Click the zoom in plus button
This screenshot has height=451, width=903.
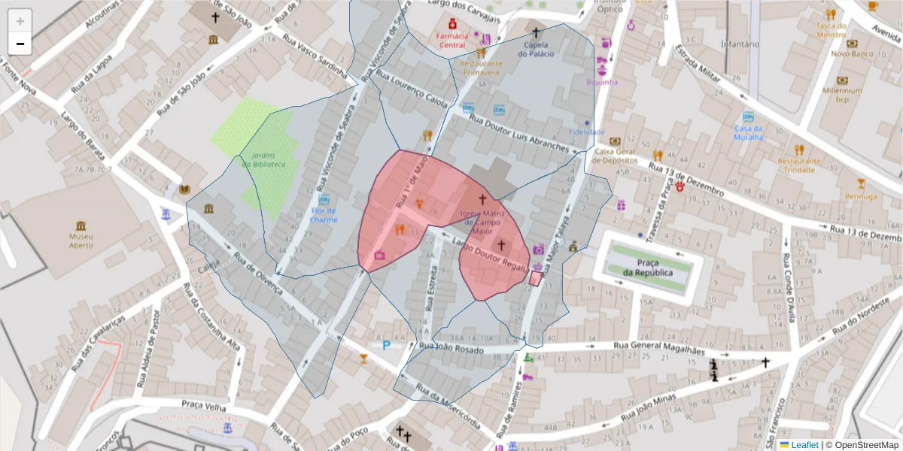coord(20,21)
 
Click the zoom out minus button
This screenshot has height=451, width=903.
coord(20,44)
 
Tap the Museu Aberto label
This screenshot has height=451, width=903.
coord(81,241)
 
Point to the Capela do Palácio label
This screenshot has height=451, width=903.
coord(536,49)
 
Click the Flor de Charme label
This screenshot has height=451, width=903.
coord(324,216)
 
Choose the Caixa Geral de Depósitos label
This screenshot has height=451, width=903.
coord(616,155)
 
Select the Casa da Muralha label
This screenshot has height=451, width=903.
coord(748,132)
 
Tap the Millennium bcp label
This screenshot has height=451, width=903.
coord(842,95)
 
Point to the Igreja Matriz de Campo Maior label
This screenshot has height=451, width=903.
coord(482,222)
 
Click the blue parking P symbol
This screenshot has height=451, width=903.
coord(387,345)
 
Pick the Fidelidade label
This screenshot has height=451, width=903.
coord(587,132)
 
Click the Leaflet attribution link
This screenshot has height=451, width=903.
coord(804,445)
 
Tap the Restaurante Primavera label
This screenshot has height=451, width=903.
coord(481,68)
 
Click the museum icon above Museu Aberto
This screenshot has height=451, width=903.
coord(81,225)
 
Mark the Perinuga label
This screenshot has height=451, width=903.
coord(861,196)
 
